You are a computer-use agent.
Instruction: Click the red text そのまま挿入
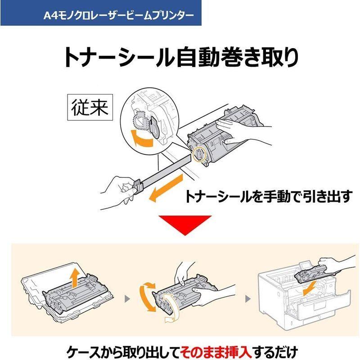tap(210, 350)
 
